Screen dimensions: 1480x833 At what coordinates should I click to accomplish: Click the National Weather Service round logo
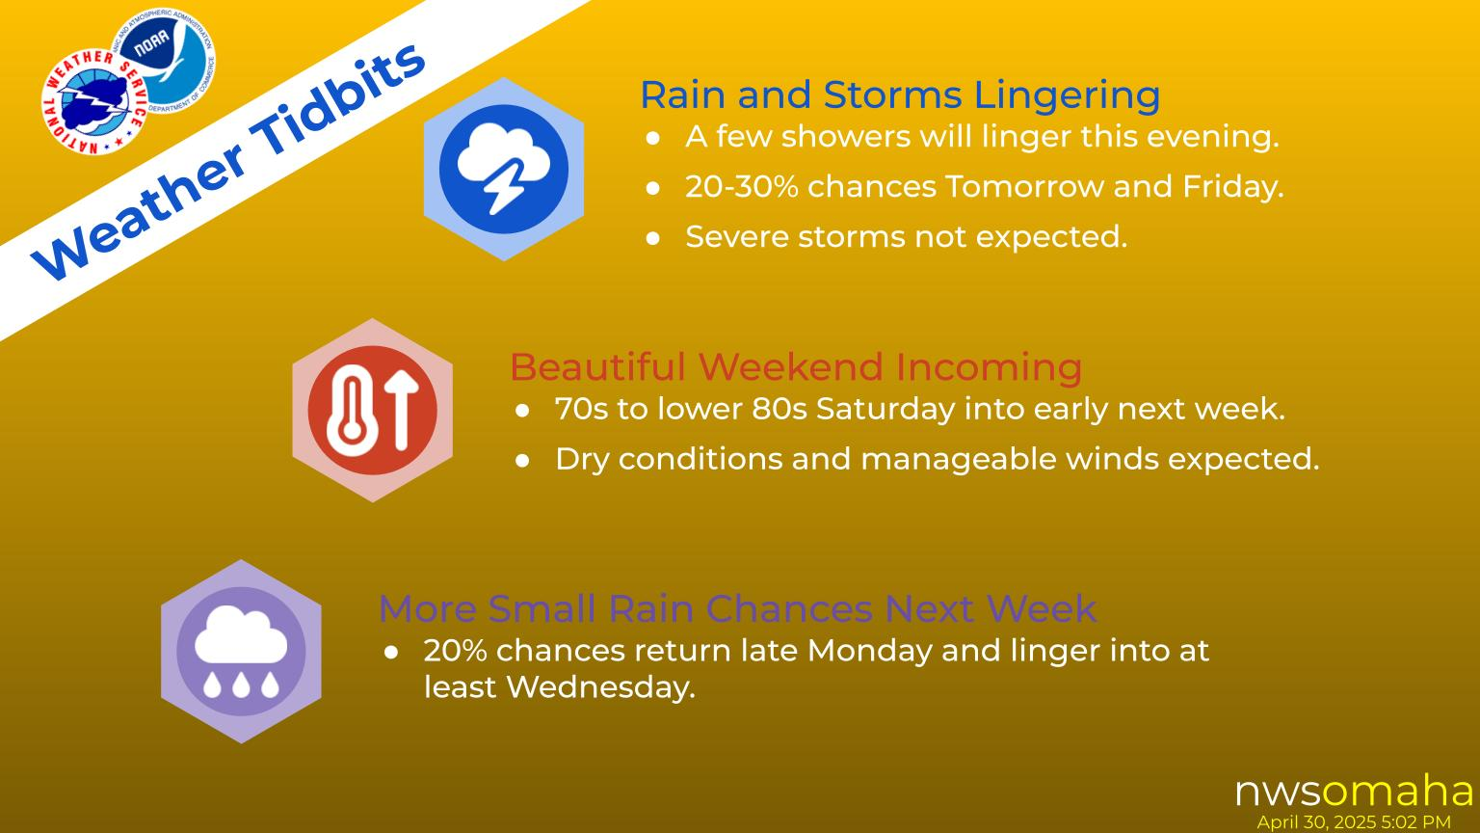pos(95,102)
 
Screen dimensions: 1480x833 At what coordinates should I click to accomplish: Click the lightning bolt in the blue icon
pos(506,186)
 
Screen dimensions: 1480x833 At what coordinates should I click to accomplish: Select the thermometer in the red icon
pos(353,410)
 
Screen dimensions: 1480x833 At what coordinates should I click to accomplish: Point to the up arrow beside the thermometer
pos(402,410)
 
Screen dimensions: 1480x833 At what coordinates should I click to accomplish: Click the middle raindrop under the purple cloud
pos(241,685)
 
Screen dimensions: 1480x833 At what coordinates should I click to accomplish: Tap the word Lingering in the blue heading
pos(1067,94)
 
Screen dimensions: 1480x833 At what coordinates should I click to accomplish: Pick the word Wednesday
pos(600,687)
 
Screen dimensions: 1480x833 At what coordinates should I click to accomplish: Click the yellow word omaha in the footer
pos(1397,791)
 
